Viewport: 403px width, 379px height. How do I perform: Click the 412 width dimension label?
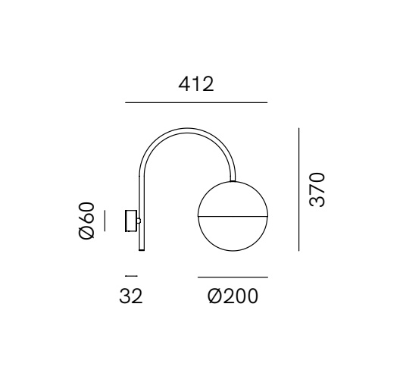[x=196, y=84]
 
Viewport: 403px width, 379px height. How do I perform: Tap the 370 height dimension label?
[x=317, y=189]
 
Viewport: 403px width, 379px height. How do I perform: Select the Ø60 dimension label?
[x=86, y=221]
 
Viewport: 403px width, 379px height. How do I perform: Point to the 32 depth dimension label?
[x=131, y=296]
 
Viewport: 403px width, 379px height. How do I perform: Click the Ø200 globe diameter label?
[x=233, y=296]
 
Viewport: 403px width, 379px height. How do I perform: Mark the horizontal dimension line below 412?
[x=196, y=102]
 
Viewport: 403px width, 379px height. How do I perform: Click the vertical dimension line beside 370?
[x=299, y=189]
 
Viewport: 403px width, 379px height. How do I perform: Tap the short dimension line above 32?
[x=131, y=276]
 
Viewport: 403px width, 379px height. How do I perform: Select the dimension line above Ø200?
[x=233, y=277]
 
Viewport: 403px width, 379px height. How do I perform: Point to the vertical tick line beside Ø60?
[x=105, y=221]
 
